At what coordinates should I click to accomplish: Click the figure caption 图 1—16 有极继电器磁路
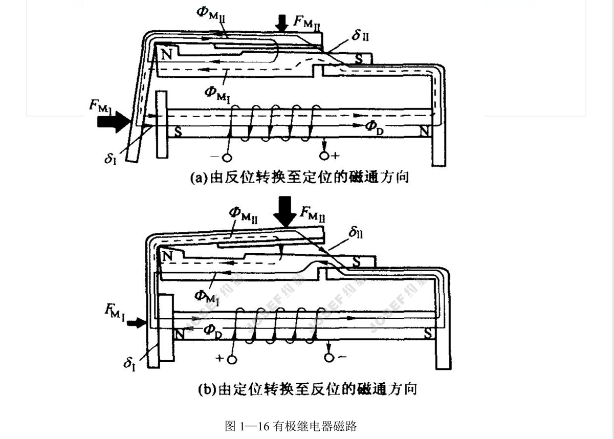pos(291,426)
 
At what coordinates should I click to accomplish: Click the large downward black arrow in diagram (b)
pos(283,211)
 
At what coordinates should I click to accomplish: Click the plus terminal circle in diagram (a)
pos(324,155)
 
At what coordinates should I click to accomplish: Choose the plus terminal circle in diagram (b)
pos(232,359)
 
